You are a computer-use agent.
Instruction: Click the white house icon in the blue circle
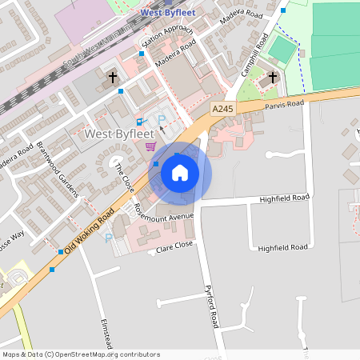click(x=180, y=172)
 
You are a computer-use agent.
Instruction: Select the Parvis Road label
click(x=286, y=103)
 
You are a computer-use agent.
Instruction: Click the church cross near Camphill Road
click(x=273, y=77)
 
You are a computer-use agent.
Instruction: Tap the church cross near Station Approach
click(x=113, y=78)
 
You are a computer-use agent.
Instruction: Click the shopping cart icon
click(x=150, y=146)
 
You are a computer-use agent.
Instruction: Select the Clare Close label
click(x=176, y=249)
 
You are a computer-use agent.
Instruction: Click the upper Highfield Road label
click(x=283, y=198)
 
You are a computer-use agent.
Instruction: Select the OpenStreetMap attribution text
click(x=80, y=354)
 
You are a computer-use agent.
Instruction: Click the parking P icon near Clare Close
click(x=109, y=238)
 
